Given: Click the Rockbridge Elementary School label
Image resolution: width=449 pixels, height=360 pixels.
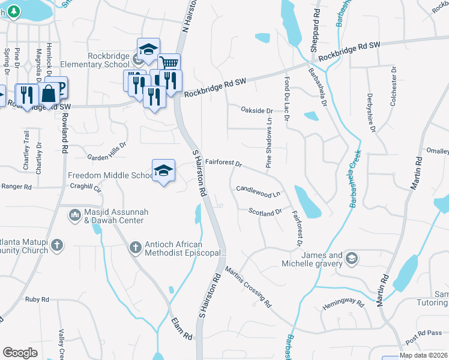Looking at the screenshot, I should (x=108, y=60).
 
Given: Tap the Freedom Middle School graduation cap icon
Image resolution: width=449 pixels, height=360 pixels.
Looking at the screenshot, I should (x=163, y=170).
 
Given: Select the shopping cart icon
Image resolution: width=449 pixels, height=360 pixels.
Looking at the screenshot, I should (x=169, y=63).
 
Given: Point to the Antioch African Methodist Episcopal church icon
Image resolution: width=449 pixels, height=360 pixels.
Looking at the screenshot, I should (x=135, y=247).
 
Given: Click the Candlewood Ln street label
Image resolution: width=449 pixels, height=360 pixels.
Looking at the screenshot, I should (x=259, y=191).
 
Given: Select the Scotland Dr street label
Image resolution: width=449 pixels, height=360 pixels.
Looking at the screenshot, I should (x=265, y=212).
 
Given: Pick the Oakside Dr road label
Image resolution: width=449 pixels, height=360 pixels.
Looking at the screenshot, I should (x=256, y=110).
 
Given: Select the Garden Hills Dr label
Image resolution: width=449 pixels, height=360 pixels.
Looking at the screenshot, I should (x=107, y=152).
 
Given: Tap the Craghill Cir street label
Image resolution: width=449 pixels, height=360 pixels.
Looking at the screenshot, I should (x=89, y=188).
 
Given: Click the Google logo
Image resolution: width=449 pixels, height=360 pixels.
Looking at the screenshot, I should (x=20, y=352).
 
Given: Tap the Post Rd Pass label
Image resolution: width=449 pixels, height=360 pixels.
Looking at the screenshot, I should (x=423, y=334).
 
